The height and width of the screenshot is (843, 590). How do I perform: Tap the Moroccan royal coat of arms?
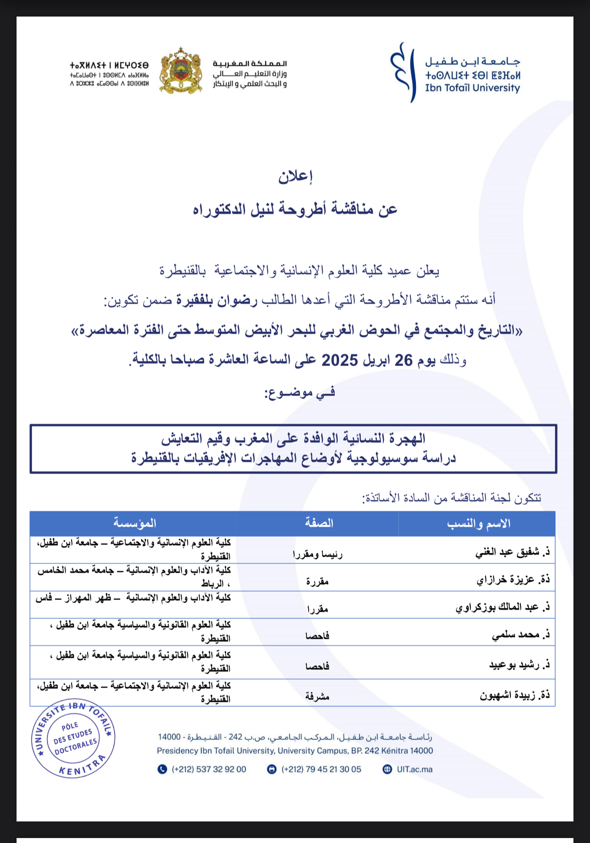tap(181, 71)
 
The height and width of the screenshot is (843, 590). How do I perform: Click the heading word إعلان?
tap(295, 177)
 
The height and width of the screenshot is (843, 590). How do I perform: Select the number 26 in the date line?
tap(403, 360)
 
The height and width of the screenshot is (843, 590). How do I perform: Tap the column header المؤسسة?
tap(135, 524)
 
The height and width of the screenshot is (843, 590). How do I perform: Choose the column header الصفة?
tap(319, 524)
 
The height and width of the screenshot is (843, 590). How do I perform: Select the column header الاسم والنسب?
tap(478, 524)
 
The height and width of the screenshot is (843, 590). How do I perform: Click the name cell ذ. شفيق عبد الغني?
tap(512, 552)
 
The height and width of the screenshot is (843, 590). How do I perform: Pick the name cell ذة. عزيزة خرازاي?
tap(513, 580)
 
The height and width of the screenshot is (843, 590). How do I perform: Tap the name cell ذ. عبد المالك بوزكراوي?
tap(502, 607)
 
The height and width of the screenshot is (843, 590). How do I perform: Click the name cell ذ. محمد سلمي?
tap(520, 635)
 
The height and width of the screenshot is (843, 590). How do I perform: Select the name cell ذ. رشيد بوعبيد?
tap(519, 665)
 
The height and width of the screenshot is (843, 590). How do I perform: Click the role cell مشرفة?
tap(317, 696)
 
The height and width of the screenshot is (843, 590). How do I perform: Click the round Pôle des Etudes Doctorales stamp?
tap(74, 739)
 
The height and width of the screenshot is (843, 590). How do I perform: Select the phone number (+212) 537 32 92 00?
tap(209, 769)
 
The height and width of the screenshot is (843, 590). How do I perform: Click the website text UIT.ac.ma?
tap(414, 769)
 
